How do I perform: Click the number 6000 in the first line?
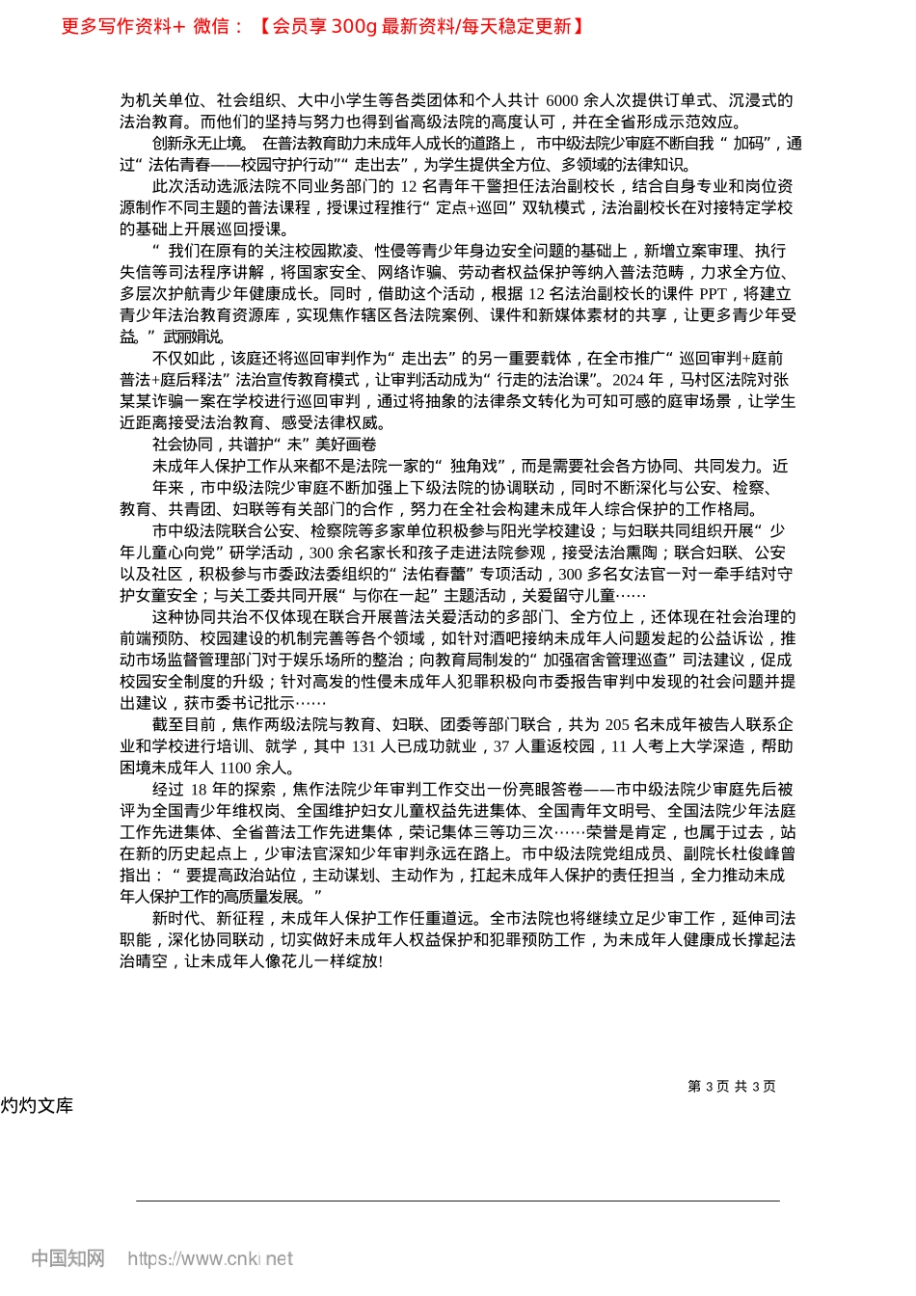click(x=561, y=100)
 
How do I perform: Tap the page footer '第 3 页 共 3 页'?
click(x=731, y=1086)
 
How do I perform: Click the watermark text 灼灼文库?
click(x=37, y=1105)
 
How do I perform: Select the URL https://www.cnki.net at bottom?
click(x=210, y=1258)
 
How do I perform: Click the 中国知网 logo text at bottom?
click(x=67, y=1258)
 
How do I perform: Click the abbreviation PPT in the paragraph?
click(x=713, y=294)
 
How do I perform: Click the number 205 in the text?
click(x=617, y=724)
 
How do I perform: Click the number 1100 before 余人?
click(x=235, y=768)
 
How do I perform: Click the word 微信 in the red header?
click(x=211, y=26)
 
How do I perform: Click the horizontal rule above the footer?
click(x=457, y=1201)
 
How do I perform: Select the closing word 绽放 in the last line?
click(x=363, y=961)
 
